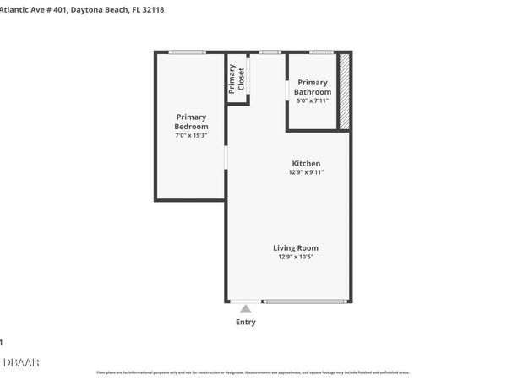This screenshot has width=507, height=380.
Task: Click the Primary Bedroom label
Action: click(191, 121)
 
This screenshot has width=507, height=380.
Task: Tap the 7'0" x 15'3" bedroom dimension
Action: click(191, 135)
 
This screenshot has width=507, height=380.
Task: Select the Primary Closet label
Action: click(237, 79)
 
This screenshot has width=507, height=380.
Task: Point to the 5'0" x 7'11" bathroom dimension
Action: click(313, 101)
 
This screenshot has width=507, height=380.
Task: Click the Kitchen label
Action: click(306, 163)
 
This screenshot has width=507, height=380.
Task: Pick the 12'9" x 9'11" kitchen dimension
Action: click(306, 172)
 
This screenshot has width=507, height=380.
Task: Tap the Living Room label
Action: click(296, 248)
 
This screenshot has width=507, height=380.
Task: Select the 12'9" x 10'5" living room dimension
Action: click(296, 258)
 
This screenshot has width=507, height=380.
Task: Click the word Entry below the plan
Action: click(246, 322)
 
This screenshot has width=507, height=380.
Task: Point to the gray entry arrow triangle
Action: click(246, 309)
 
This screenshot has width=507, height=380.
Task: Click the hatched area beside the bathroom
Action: click(345, 91)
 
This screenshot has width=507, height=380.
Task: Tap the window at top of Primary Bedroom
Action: click(188, 52)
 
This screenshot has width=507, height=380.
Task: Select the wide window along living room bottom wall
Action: click(304, 301)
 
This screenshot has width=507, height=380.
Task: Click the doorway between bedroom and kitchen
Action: click(226, 158)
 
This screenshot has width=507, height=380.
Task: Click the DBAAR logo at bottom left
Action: click(20, 362)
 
